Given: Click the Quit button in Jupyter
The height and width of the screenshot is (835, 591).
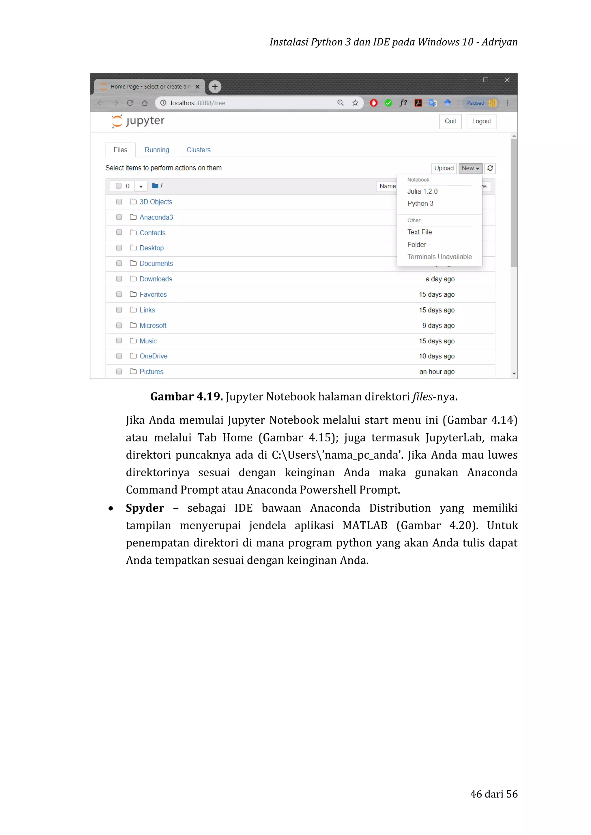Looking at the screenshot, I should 450,121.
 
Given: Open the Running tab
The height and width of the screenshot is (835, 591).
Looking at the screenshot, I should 157,150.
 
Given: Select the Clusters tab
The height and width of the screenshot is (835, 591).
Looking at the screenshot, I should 198,150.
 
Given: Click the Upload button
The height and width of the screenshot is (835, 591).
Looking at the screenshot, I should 444,168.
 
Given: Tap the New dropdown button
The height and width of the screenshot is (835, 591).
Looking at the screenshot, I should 470,168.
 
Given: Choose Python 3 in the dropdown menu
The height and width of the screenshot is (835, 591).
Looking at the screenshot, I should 420,204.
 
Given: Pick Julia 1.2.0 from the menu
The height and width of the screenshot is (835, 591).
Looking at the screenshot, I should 422,191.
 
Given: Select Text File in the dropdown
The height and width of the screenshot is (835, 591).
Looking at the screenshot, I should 420,232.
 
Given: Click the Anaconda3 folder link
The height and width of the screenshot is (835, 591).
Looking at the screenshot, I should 156,217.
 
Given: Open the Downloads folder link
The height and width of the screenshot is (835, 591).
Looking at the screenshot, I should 156,279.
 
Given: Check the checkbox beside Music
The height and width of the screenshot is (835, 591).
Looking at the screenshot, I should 119,341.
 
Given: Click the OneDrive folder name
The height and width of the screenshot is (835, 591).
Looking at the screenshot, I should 153,356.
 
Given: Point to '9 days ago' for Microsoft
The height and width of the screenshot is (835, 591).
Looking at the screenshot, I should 438,326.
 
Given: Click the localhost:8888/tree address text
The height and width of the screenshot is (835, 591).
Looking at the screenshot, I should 198,103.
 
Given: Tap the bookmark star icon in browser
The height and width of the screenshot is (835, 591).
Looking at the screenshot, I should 355,103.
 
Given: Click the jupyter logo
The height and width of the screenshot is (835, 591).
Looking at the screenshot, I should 138,121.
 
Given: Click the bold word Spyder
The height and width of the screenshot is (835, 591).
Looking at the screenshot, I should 145,508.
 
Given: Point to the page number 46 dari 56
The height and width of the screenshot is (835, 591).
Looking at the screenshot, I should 493,794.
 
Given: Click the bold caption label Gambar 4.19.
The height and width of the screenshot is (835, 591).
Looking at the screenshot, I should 186,396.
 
